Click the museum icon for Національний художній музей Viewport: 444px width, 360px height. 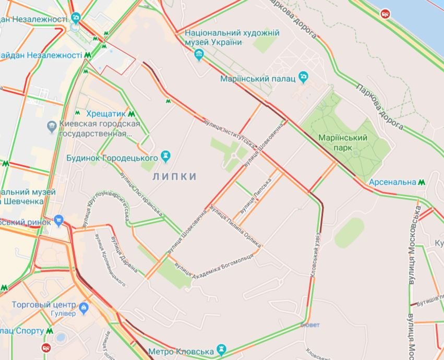[x=199, y=54]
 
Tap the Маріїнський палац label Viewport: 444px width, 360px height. [x=258, y=78]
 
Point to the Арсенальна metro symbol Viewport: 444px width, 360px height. [x=422, y=182]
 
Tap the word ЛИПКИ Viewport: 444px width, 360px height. [x=175, y=177]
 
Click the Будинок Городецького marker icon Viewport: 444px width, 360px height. [x=166, y=155]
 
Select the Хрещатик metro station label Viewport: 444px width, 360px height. [x=105, y=113]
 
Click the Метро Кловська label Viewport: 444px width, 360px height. [x=181, y=351]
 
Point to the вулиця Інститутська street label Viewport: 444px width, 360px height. [x=229, y=132]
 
